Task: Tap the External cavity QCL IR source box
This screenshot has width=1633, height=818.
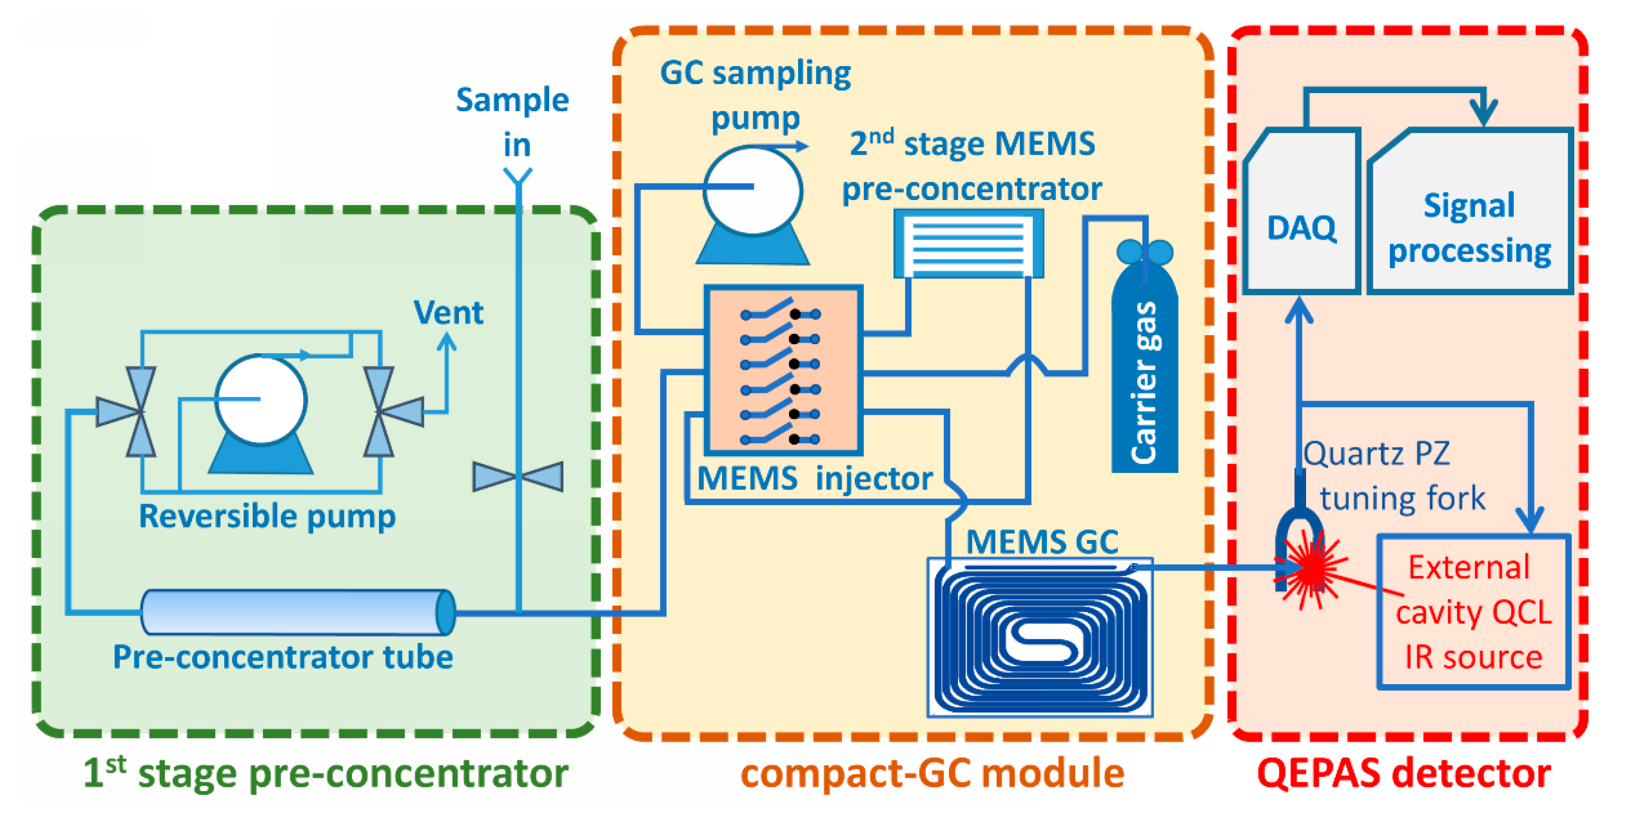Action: (x=1473, y=612)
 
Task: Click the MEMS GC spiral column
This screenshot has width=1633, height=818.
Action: (x=1040, y=640)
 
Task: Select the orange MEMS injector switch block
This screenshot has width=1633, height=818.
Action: (x=783, y=371)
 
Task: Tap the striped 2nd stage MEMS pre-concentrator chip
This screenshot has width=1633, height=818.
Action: (x=968, y=244)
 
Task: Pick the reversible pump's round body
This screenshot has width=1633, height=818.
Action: (x=261, y=399)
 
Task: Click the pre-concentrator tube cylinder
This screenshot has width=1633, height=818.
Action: (x=297, y=612)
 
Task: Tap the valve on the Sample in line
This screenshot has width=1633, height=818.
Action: (x=518, y=477)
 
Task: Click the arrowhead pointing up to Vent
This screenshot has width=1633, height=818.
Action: (x=447, y=342)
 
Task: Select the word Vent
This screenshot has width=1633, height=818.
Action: (x=448, y=313)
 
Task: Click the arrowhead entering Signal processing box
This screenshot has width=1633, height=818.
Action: (x=1484, y=114)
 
